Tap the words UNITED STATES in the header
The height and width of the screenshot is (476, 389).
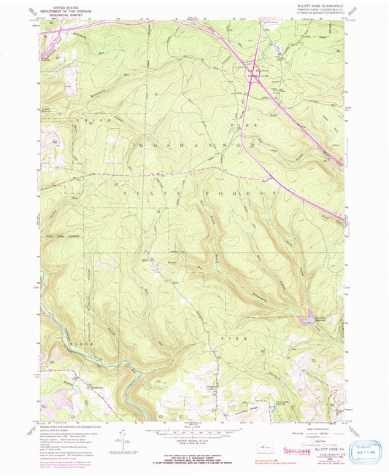pyautogui.click(x=61, y=7)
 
